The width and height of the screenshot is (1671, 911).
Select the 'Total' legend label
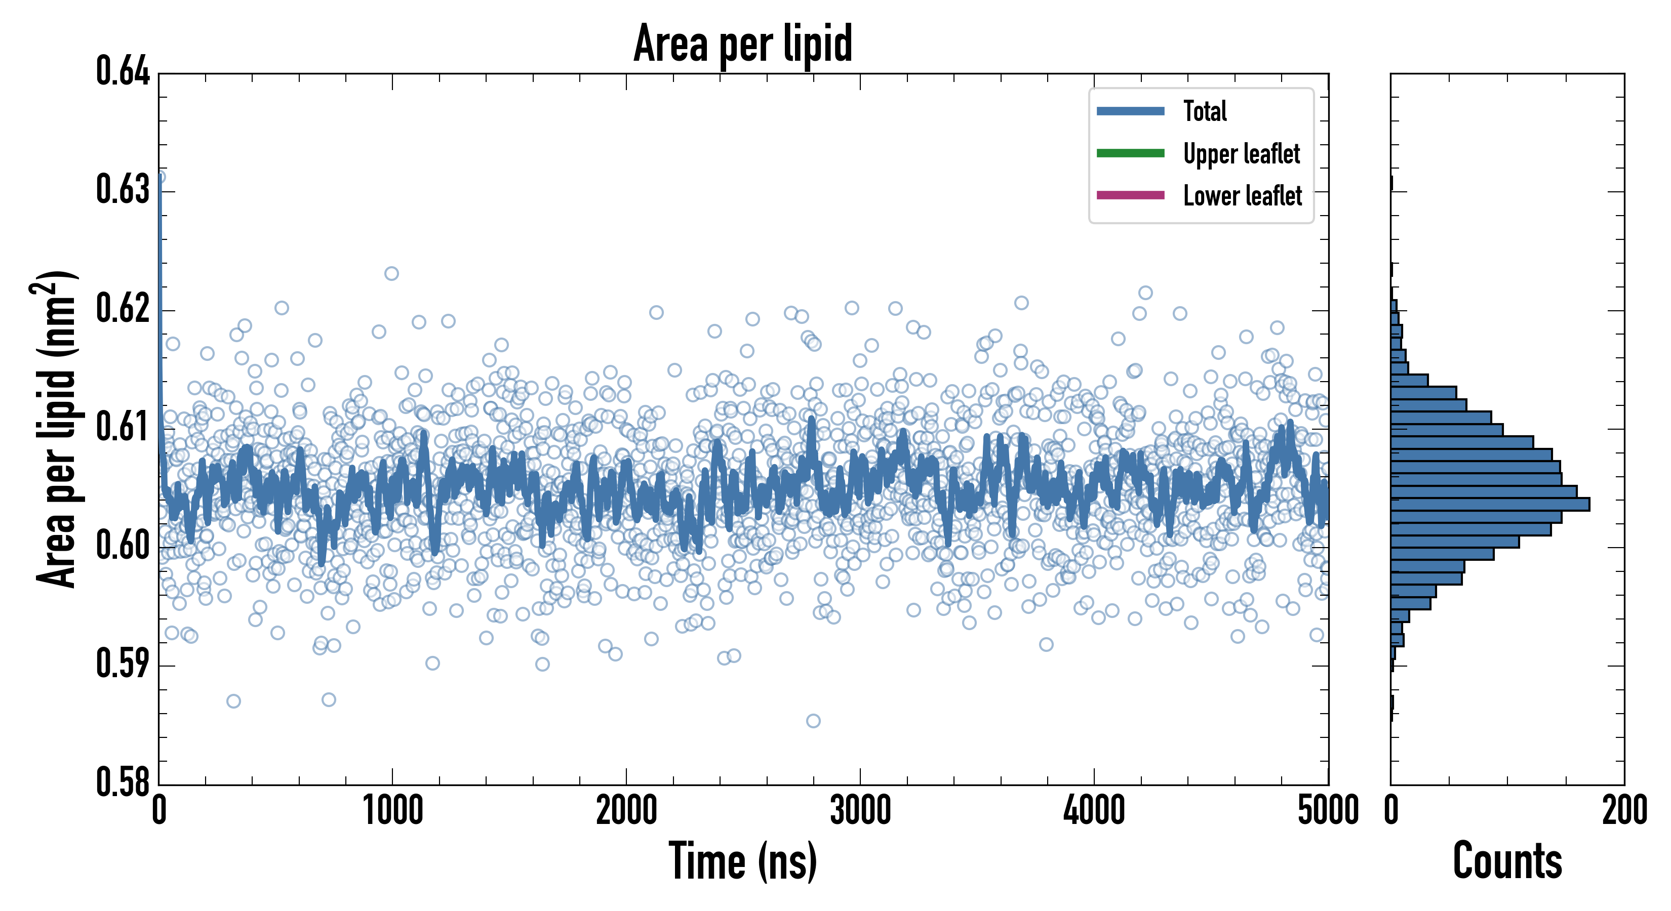point(1205,111)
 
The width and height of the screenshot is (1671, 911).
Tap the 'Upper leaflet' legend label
point(1241,154)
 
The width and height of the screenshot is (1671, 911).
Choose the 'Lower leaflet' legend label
point(1242,195)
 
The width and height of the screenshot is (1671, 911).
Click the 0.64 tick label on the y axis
point(123,71)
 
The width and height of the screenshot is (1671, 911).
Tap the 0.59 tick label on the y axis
point(123,664)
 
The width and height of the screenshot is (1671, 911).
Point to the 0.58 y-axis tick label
point(123,782)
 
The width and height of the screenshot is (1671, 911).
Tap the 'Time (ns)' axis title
point(743,861)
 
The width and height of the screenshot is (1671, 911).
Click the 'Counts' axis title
point(1507,861)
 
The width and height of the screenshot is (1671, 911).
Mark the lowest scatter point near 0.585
point(813,721)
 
